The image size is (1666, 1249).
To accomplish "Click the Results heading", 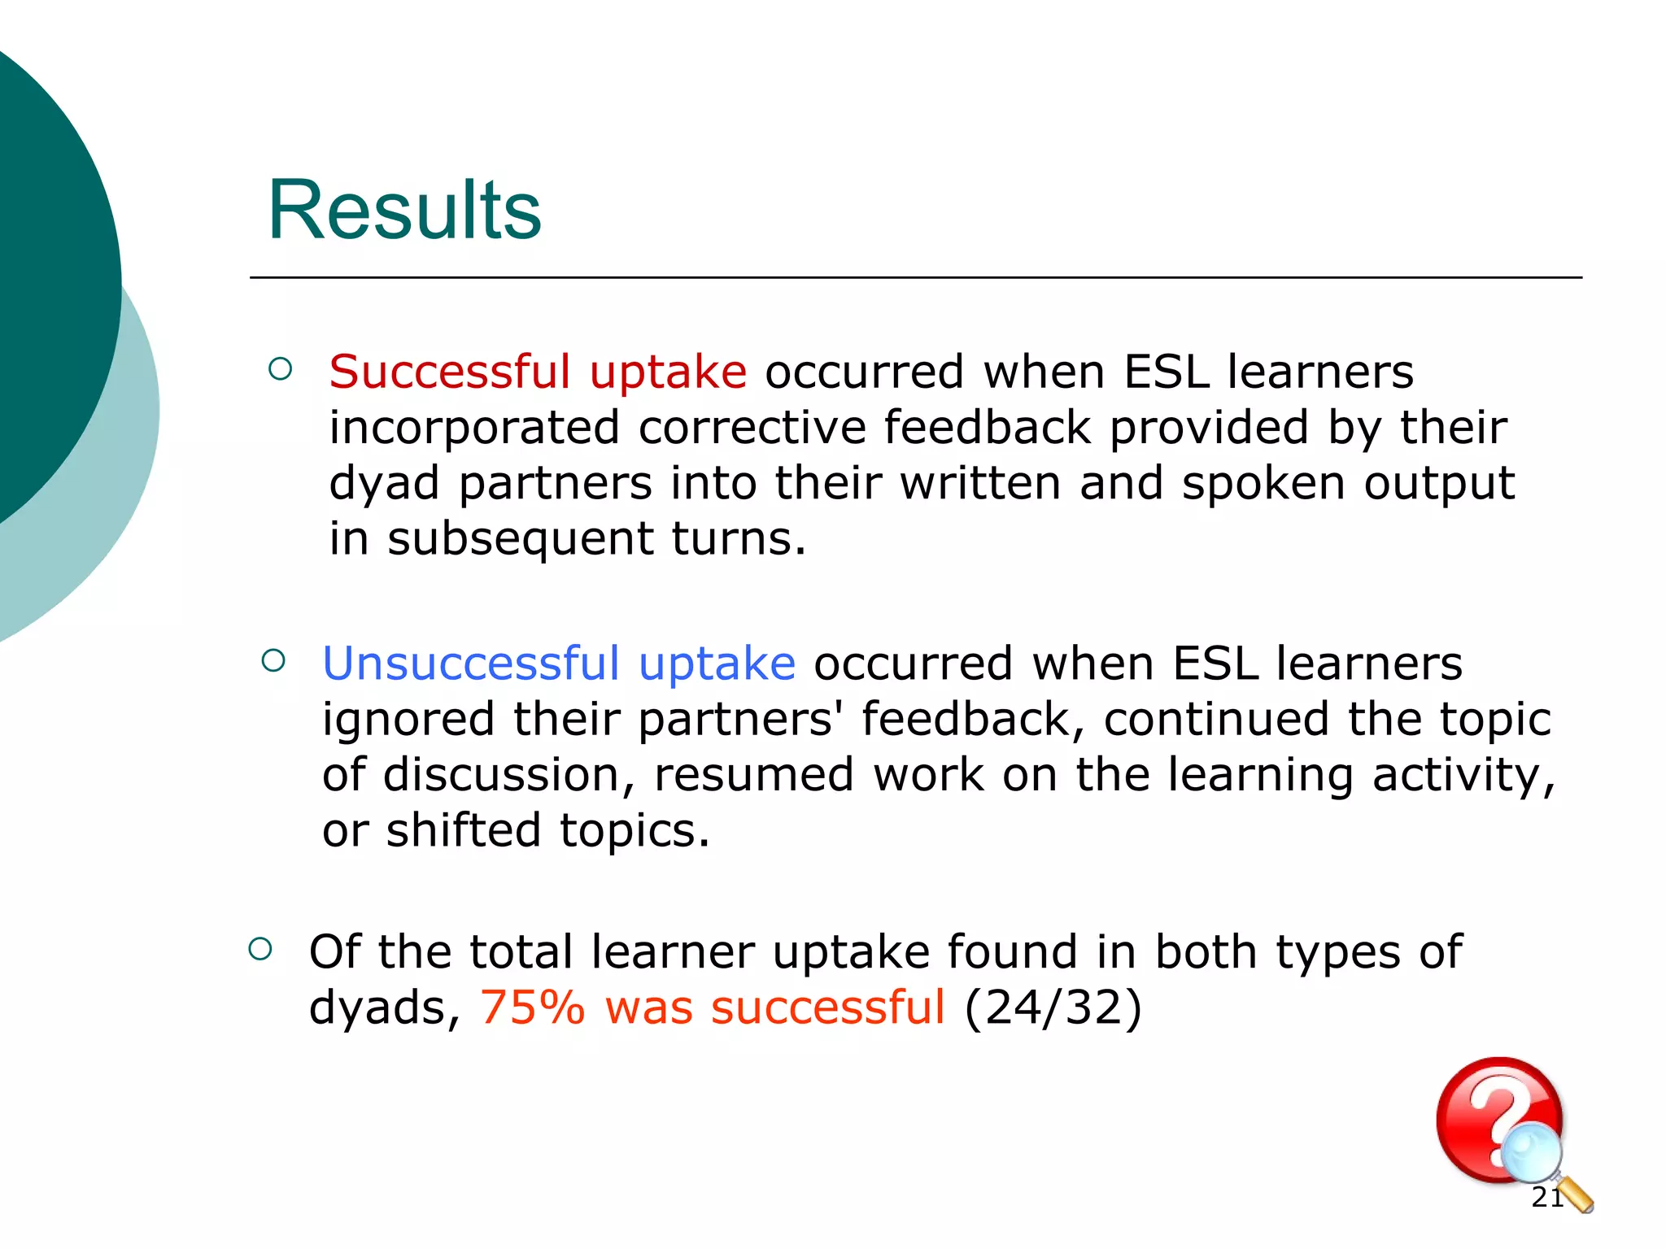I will tap(404, 210).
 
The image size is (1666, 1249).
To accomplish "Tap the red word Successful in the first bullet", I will tap(449, 372).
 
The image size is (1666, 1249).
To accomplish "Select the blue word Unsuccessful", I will tap(471, 664).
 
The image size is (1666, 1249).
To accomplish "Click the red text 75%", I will tap(532, 1007).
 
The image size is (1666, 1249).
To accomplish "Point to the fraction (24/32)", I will tap(1053, 1007).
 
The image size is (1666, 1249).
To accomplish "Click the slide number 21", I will tap(1546, 1197).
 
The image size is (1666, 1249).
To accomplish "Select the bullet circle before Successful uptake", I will tap(280, 369).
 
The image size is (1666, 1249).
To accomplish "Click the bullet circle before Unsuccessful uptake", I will tap(274, 660).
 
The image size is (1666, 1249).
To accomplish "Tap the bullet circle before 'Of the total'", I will tap(260, 948).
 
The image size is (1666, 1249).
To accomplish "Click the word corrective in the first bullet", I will tap(752, 428).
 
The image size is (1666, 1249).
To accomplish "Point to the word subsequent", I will tap(520, 539).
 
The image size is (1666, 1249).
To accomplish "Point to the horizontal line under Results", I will tap(915, 278).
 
